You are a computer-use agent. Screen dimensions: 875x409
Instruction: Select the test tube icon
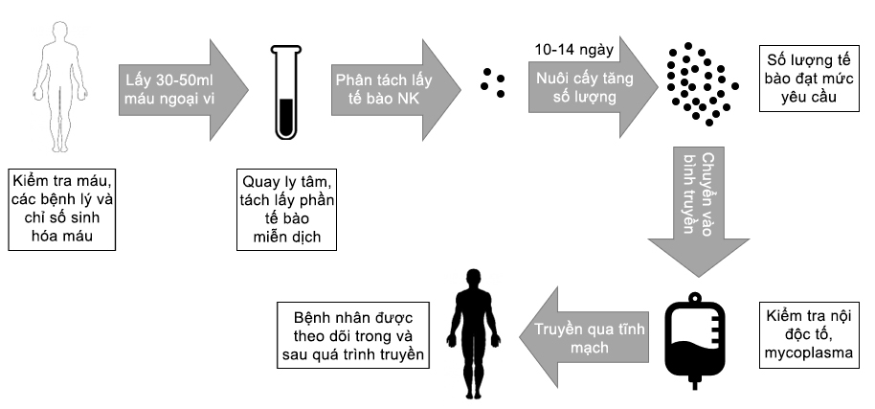click(x=285, y=93)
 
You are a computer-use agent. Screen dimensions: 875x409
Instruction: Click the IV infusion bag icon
click(x=695, y=342)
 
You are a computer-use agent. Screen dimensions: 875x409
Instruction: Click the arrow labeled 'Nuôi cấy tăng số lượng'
click(x=593, y=86)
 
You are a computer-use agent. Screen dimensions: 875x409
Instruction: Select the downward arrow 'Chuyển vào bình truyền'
click(x=698, y=211)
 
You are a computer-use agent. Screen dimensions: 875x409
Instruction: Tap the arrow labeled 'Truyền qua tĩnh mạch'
click(x=584, y=337)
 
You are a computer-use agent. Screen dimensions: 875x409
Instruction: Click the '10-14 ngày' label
click(x=573, y=50)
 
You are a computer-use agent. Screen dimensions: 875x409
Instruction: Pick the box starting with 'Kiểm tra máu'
click(x=61, y=209)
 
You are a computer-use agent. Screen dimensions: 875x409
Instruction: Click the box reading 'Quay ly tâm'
click(x=287, y=209)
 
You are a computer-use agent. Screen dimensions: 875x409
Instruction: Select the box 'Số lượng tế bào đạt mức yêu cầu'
click(x=809, y=79)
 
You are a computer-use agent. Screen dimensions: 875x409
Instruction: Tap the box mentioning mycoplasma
click(x=809, y=335)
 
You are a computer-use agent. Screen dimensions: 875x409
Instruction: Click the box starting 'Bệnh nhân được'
click(x=353, y=335)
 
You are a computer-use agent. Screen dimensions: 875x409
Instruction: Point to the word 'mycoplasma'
click(x=809, y=353)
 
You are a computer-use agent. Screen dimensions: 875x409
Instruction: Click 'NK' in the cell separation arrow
click(x=408, y=100)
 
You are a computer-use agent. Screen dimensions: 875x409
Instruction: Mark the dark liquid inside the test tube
click(x=285, y=117)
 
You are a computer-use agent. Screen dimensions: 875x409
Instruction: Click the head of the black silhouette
click(x=473, y=279)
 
